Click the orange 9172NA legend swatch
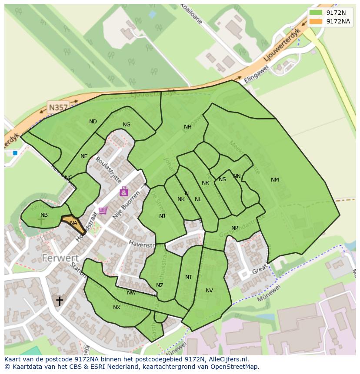[317, 21]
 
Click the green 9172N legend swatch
[317, 13]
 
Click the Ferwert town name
[60, 258]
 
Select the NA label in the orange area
[73, 223]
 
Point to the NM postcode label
[275, 180]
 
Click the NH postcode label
[187, 127]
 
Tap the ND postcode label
[93, 122]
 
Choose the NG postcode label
[127, 125]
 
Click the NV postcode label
[209, 291]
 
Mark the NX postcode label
[117, 308]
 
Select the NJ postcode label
[162, 216]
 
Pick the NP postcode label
[235, 228]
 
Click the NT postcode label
[189, 277]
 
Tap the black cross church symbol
[59, 301]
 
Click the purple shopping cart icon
[103, 211]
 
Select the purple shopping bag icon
[124, 191]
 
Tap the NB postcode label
[44, 215]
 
